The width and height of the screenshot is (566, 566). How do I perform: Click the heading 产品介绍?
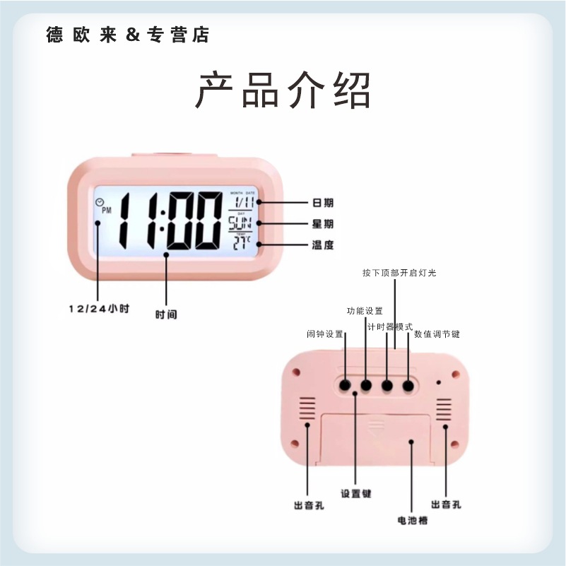click(x=283, y=90)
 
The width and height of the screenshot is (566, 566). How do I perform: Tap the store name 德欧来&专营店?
click(x=128, y=35)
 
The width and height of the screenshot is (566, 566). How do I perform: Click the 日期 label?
click(x=323, y=203)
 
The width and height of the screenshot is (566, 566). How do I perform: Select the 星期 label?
click(x=323, y=224)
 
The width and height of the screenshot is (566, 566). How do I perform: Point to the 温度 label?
click(x=323, y=245)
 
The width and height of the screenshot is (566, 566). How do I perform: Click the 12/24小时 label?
click(x=99, y=309)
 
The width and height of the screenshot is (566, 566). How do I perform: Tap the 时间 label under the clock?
click(x=166, y=314)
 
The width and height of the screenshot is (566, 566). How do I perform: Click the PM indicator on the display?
click(x=107, y=211)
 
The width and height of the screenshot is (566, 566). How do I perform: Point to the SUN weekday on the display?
click(x=240, y=224)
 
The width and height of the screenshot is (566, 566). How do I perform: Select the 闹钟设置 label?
click(x=324, y=334)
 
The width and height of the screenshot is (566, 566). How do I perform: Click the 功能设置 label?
click(x=365, y=311)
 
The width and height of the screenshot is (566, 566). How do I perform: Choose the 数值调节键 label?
click(x=437, y=334)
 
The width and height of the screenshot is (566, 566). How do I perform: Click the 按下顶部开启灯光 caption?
click(x=399, y=272)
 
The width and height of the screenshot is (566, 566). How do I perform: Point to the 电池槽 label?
click(x=413, y=521)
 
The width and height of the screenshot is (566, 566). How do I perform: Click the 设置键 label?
click(x=355, y=494)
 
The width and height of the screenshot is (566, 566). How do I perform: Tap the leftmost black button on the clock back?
click(x=345, y=385)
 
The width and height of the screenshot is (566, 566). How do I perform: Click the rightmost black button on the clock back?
click(x=408, y=385)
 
